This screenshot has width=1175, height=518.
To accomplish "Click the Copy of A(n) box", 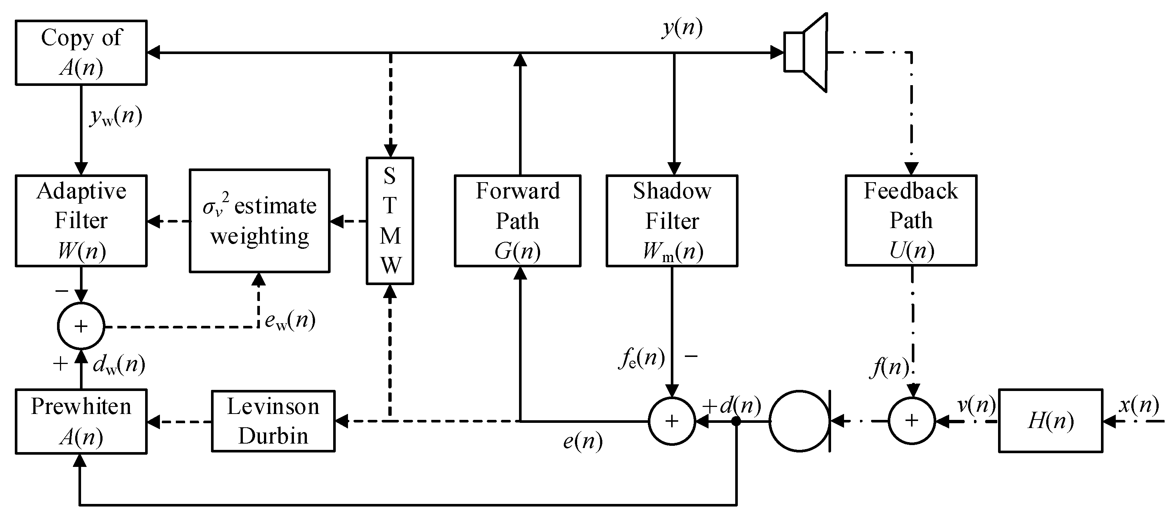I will pos(81,53).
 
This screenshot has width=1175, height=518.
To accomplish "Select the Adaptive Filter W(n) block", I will pos(81,220).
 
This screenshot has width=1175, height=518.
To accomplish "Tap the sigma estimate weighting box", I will pos(260,221).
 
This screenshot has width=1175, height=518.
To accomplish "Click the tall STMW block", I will pos(390,221).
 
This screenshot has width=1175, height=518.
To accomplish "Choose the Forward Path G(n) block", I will pos(518,220).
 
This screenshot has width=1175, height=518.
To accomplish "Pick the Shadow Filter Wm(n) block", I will pos(672,220).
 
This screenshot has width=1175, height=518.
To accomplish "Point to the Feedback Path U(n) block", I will pos(911,220).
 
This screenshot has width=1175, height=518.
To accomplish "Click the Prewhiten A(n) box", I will pos(81,421).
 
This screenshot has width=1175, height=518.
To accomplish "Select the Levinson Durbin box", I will pos(273,421).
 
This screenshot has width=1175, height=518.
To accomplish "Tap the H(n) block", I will pos(1051,421).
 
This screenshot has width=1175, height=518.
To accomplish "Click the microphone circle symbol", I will pos(799,421).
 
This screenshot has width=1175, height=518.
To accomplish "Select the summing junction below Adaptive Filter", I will pos(81,326).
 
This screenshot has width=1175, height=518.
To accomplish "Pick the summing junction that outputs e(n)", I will pos(672,421).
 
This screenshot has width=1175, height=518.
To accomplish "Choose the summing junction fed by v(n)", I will pos(911,421).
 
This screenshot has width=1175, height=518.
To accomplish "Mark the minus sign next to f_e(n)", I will pos(691,355).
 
